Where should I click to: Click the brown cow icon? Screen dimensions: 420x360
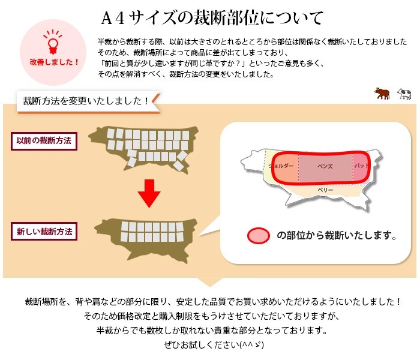382,93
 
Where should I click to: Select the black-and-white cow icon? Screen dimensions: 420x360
404,94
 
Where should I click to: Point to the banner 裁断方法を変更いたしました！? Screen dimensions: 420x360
85,100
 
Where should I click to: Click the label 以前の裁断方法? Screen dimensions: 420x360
44,141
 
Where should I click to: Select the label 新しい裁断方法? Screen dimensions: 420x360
44,231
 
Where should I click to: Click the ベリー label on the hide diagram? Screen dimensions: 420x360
325,190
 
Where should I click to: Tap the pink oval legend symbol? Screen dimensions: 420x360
259,235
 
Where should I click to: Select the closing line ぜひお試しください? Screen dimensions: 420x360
209,345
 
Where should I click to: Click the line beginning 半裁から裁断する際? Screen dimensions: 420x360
252,41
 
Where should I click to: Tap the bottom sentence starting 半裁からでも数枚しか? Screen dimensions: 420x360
211,330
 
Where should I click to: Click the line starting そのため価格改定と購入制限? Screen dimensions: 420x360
212,316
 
